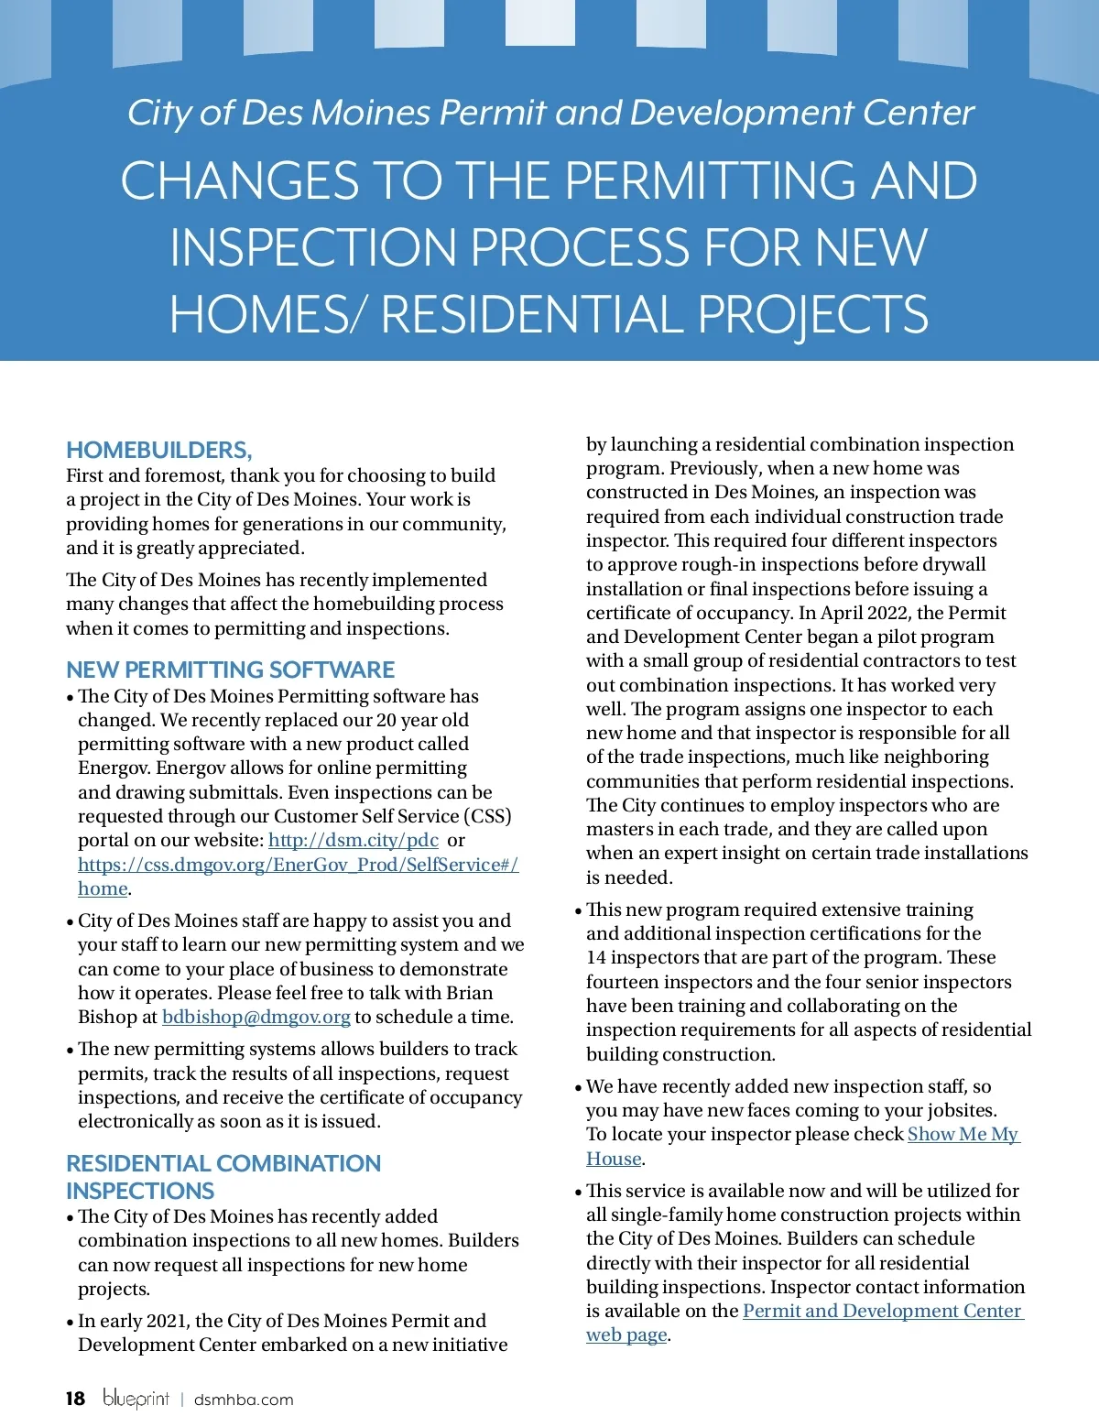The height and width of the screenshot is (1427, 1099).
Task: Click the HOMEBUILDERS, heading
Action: [158, 450]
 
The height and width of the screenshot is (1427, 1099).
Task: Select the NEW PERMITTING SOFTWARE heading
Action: [230, 670]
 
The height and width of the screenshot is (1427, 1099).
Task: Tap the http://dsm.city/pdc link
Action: [353, 840]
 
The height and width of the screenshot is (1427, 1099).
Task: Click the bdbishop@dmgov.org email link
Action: [256, 1017]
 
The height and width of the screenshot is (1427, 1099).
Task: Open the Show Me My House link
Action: [963, 1134]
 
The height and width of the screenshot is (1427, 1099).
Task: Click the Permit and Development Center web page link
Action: [882, 1311]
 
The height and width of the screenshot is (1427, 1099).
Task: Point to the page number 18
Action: [75, 1399]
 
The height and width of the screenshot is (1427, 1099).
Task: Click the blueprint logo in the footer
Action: [136, 1398]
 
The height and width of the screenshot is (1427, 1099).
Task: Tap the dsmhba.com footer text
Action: [244, 1400]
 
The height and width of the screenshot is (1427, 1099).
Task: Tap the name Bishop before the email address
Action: [107, 1017]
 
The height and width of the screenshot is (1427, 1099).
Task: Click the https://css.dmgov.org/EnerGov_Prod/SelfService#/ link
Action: [298, 865]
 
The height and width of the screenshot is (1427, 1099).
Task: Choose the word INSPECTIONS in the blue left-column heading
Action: [140, 1191]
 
